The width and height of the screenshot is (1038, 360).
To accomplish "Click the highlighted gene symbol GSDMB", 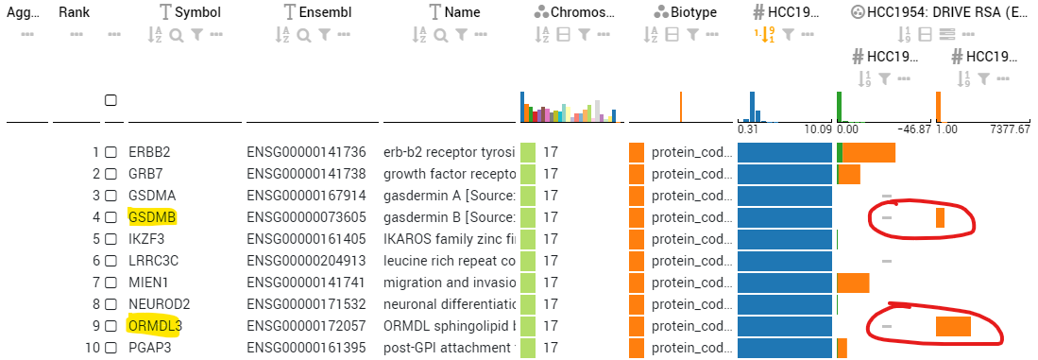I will pyautogui.click(x=152, y=217).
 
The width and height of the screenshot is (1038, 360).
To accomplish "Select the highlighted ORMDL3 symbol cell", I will pyautogui.click(x=155, y=326).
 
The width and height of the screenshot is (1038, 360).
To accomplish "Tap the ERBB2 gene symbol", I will pyautogui.click(x=149, y=152).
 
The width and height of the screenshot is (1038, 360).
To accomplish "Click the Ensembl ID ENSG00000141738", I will pyautogui.click(x=306, y=174).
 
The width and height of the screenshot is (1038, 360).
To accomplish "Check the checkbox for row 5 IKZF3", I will pyautogui.click(x=111, y=239).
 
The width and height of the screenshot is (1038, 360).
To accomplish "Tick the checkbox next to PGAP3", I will pyautogui.click(x=111, y=348).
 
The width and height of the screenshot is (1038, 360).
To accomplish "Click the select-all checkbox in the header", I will pyautogui.click(x=111, y=100).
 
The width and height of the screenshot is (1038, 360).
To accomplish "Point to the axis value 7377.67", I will pyautogui.click(x=1010, y=129).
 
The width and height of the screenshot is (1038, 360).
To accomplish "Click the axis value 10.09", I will pyautogui.click(x=817, y=129).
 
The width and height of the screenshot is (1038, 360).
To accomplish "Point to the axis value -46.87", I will pyautogui.click(x=912, y=129).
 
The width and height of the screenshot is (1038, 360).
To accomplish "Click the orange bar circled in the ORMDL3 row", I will pyautogui.click(x=952, y=326).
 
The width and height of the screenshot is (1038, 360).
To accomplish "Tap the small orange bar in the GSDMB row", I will pyautogui.click(x=940, y=217).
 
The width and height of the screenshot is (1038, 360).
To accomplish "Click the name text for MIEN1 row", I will pyautogui.click(x=449, y=283).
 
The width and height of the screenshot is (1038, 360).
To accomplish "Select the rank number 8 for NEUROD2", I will pyautogui.click(x=95, y=304).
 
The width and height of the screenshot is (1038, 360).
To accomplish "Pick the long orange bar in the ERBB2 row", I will pyautogui.click(x=868, y=152).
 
